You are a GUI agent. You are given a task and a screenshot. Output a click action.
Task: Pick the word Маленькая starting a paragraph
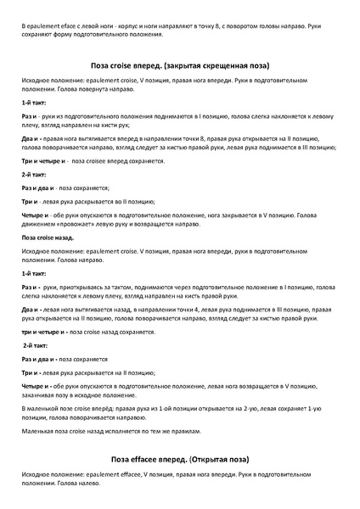[x=40, y=432]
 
